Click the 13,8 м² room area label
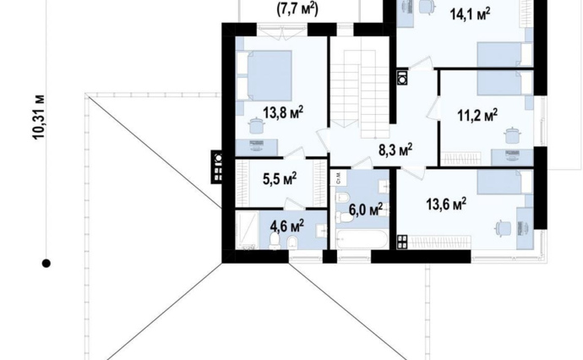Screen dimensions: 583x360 coord(283,112)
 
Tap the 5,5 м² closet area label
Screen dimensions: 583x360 coord(280,179)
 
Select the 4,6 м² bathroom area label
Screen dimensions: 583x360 coord(287,226)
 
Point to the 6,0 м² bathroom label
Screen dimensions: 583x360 coord(366,210)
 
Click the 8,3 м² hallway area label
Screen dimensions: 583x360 coord(395,150)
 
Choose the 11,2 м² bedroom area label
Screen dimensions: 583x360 coord(477,115)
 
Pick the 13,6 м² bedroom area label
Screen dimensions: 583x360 coord(446,204)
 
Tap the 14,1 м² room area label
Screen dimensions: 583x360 coord(470,14)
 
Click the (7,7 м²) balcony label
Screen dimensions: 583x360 coord(297,9)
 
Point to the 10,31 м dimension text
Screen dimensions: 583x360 coord(39,117)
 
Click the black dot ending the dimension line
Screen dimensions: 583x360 coord(46,264)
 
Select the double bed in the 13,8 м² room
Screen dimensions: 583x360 coord(264,75)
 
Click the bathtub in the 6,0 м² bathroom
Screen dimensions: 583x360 coord(362,240)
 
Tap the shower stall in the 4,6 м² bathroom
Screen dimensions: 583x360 coord(248,230)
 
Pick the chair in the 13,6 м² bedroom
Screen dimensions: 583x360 coord(503,228)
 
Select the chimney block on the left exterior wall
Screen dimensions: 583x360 coord(217,166)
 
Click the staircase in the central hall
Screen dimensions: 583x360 coord(360,93)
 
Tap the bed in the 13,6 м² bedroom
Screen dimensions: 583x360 coord(505,183)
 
